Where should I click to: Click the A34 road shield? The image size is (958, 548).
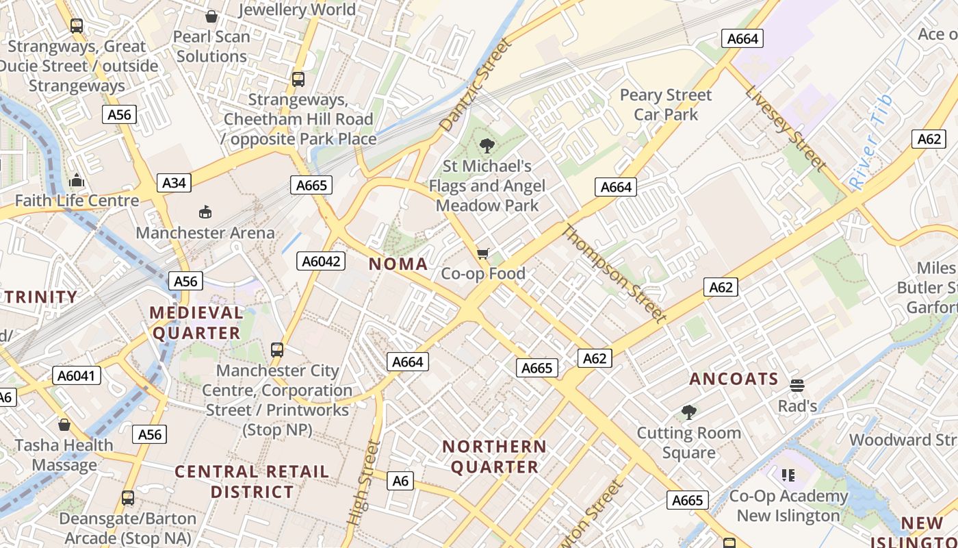[174, 183]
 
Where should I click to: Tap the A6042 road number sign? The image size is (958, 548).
[321, 261]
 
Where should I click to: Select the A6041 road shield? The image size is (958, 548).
[77, 375]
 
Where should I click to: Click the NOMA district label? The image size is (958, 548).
[398, 264]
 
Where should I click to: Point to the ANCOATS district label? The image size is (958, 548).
[734, 379]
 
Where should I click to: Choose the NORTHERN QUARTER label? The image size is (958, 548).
[494, 457]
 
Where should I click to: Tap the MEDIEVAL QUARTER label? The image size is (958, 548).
[196, 323]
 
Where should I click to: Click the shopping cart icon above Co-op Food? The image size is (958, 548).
[483, 254]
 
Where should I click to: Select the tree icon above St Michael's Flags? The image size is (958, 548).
[487, 145]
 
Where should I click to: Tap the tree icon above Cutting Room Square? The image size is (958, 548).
[689, 412]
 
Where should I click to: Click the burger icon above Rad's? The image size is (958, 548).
[797, 386]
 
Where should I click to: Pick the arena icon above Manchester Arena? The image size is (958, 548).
[205, 212]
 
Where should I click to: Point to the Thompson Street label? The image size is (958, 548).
[613, 273]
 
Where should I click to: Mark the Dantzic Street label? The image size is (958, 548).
[476, 86]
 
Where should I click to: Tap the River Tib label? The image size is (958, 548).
[870, 142]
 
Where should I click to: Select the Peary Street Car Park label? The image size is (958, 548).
[666, 105]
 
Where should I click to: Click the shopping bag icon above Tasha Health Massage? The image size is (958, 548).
[64, 425]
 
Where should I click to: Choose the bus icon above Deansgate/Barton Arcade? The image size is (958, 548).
[128, 498]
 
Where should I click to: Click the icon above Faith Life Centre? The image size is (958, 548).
[77, 181]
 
